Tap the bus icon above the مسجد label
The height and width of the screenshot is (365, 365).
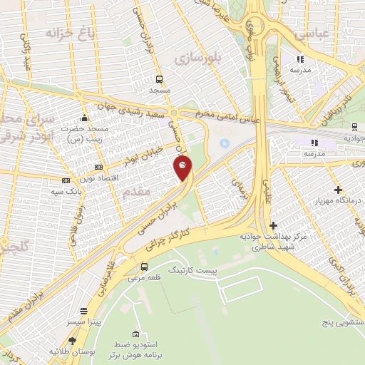click(x=159, y=79)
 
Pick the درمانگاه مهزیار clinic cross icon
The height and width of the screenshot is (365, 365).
click(x=338, y=190)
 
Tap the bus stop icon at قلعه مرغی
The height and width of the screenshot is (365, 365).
click(x=145, y=267)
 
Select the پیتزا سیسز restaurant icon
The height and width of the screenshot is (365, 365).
click(x=85, y=311)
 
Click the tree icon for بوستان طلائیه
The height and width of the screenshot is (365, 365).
click(x=53, y=351)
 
